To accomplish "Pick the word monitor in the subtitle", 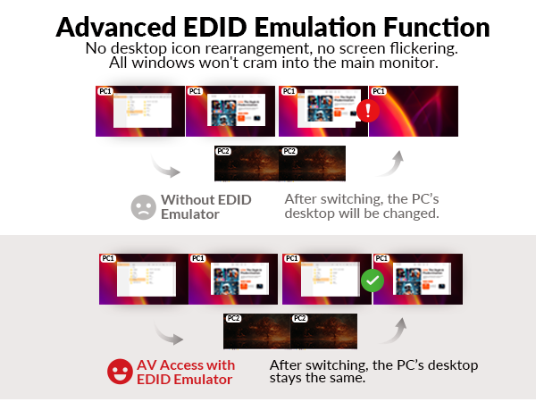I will coord(399,64).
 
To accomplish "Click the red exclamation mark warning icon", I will coord(367,112).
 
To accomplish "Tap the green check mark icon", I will coord(371,281).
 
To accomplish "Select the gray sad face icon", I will coord(142,207).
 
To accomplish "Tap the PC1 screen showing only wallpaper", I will coord(413,112).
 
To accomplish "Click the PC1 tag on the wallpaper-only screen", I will coord(379,92).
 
